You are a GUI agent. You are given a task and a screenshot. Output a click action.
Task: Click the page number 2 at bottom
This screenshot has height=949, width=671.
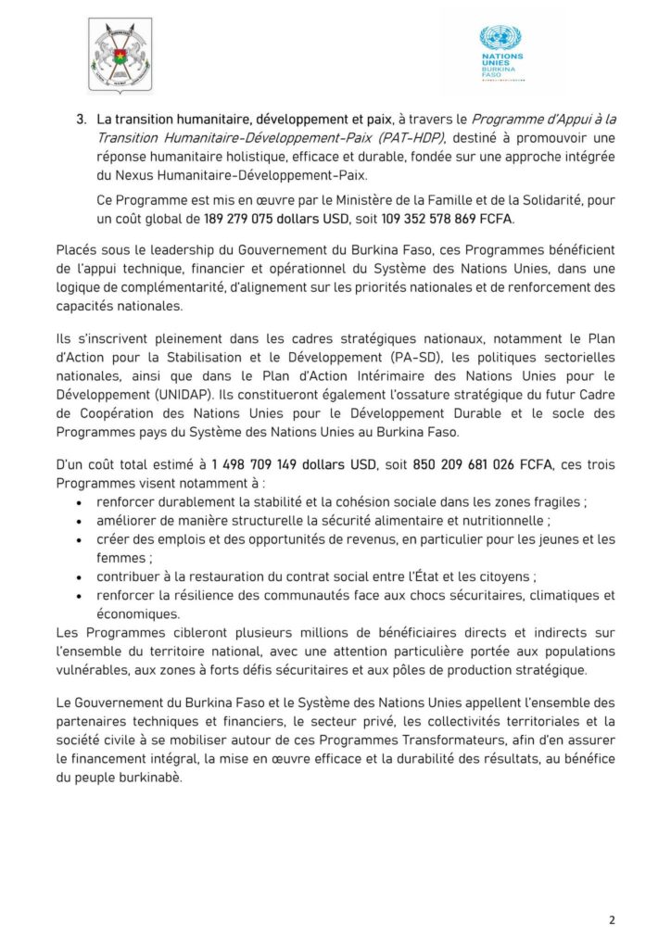(612, 919)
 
